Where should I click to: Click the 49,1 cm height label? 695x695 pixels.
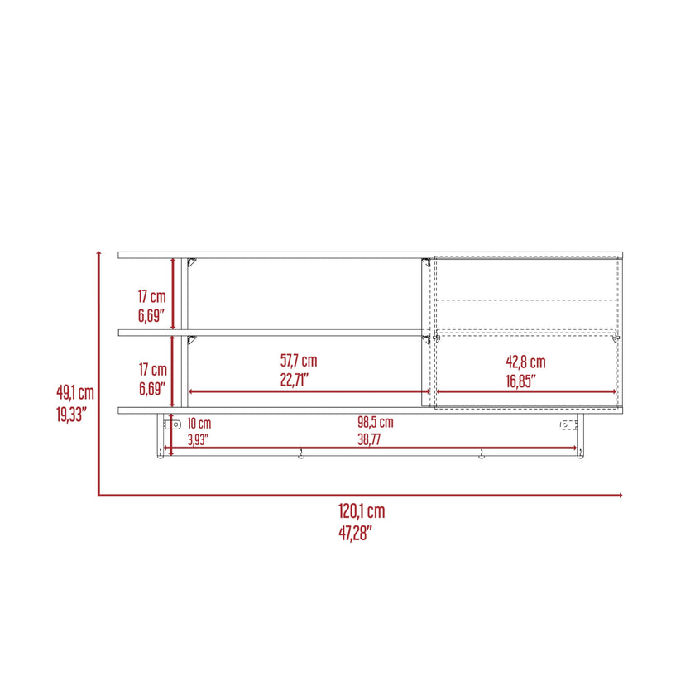click(x=75, y=393)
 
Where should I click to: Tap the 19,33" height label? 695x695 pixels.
click(x=71, y=415)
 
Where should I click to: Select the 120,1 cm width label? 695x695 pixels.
click(x=362, y=511)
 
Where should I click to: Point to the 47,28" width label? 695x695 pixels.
click(x=356, y=533)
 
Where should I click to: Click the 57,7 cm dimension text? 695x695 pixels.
click(x=299, y=361)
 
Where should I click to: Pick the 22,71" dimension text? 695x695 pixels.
click(x=295, y=380)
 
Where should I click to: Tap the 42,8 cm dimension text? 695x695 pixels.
click(x=525, y=362)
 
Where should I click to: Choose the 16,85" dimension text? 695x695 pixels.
click(x=520, y=381)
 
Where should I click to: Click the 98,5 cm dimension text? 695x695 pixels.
click(x=376, y=422)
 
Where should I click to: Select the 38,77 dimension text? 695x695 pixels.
click(x=369, y=439)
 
